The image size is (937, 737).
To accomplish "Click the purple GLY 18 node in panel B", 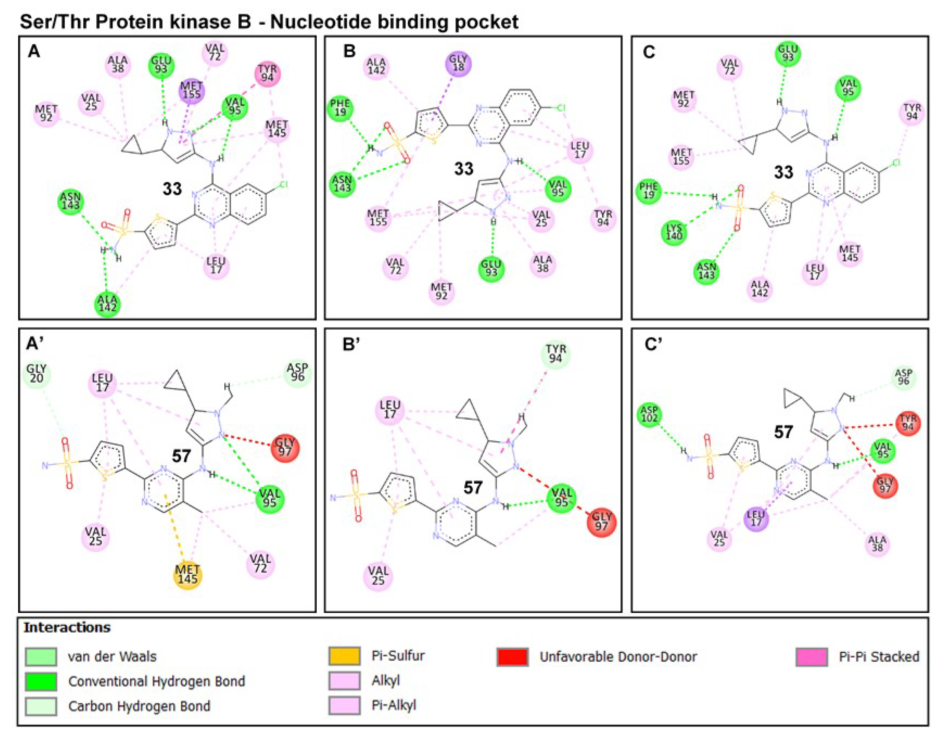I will pyautogui.click(x=458, y=64).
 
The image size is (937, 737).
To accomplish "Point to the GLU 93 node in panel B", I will pyautogui.click(x=491, y=268).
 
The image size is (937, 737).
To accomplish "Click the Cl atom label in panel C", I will pyautogui.click(x=896, y=163).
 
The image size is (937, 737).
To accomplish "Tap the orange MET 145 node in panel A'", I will pyautogui.click(x=188, y=574).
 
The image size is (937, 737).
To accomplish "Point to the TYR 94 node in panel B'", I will pyautogui.click(x=555, y=354).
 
